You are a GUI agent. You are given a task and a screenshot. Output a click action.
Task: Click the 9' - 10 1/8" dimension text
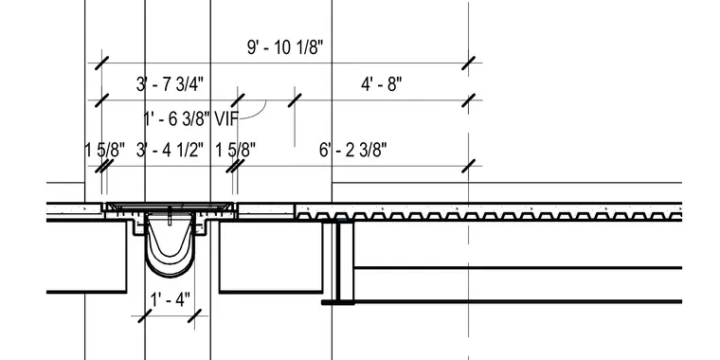click(285, 47)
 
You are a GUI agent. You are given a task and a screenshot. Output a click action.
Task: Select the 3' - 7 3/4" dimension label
click(170, 84)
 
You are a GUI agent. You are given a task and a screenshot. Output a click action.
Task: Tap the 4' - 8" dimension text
click(381, 84)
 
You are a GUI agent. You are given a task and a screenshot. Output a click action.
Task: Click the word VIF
click(226, 119)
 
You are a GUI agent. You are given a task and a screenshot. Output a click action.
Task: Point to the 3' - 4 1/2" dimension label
click(170, 150)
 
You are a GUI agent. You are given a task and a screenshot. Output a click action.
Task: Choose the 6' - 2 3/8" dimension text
click(352, 150)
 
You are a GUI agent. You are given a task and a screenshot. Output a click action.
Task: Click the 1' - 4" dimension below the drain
click(170, 300)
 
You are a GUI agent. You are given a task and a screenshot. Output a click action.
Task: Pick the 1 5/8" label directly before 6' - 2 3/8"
click(236, 150)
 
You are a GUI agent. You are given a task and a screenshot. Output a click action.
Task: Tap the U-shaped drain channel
click(170, 266)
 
